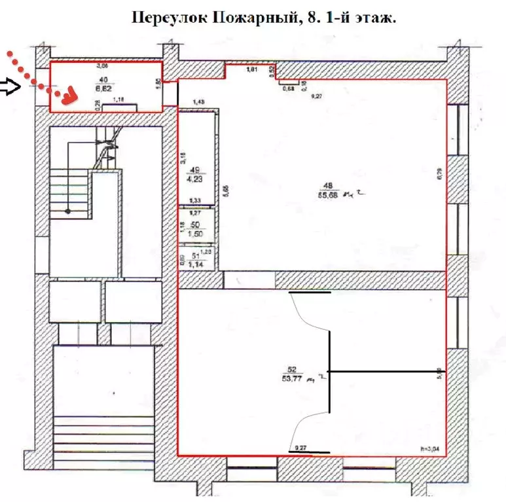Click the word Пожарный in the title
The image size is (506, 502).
251,18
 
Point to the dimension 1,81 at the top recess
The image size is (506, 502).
251,69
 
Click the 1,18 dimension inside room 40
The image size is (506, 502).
119,100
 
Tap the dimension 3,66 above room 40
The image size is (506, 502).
102,65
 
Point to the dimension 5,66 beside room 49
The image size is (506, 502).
225,191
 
